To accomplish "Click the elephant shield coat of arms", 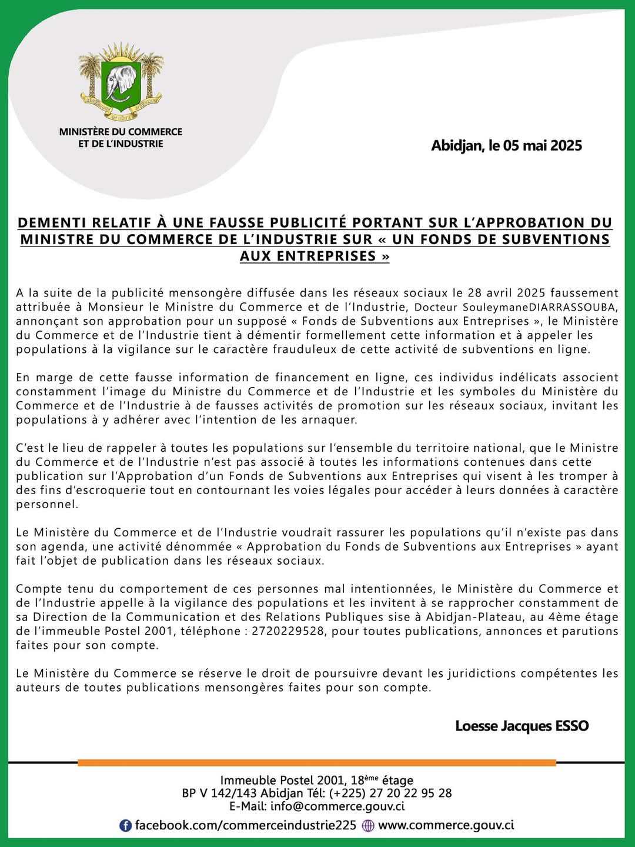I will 121,82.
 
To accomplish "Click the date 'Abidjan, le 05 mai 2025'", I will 506,145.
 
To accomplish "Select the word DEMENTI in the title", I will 52,223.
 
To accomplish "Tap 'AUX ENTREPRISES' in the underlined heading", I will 315,256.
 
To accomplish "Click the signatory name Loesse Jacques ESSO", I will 522,726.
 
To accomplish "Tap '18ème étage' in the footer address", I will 382,780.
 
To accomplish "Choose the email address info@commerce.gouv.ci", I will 337,806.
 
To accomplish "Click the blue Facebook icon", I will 125,825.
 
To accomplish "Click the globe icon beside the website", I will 368,825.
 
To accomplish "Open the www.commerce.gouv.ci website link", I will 446,825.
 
